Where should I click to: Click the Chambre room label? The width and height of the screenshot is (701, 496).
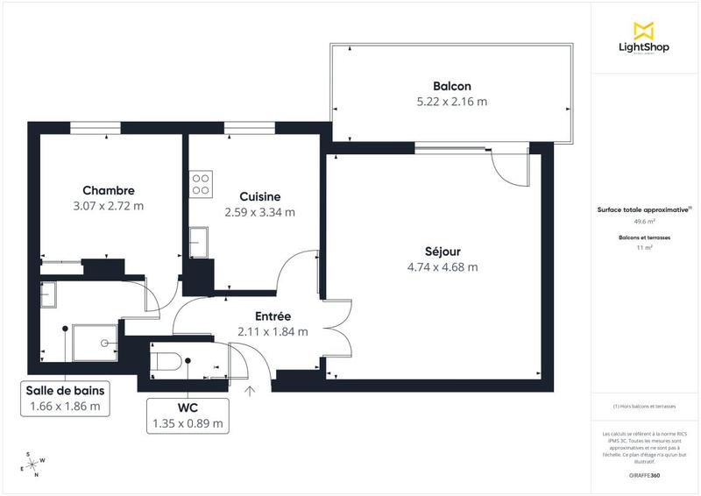(109, 190)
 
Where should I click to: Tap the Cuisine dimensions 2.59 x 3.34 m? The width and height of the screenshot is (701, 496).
(259, 212)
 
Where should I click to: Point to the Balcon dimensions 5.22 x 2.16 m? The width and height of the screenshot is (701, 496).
(451, 102)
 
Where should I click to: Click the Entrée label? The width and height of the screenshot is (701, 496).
(273, 316)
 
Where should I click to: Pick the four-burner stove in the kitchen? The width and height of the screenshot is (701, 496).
(201, 182)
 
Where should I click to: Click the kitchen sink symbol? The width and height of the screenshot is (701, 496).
(199, 239)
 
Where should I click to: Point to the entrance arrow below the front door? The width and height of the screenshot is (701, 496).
(250, 392)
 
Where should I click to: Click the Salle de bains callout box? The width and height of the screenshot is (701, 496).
(65, 399)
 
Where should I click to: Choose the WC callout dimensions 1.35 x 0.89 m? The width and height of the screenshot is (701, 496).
(188, 423)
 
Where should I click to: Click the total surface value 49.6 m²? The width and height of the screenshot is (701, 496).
(644, 223)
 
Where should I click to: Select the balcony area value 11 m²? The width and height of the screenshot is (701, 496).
(644, 248)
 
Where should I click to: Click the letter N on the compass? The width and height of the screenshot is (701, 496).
(36, 476)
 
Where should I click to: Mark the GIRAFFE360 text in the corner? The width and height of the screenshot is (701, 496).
(644, 473)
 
